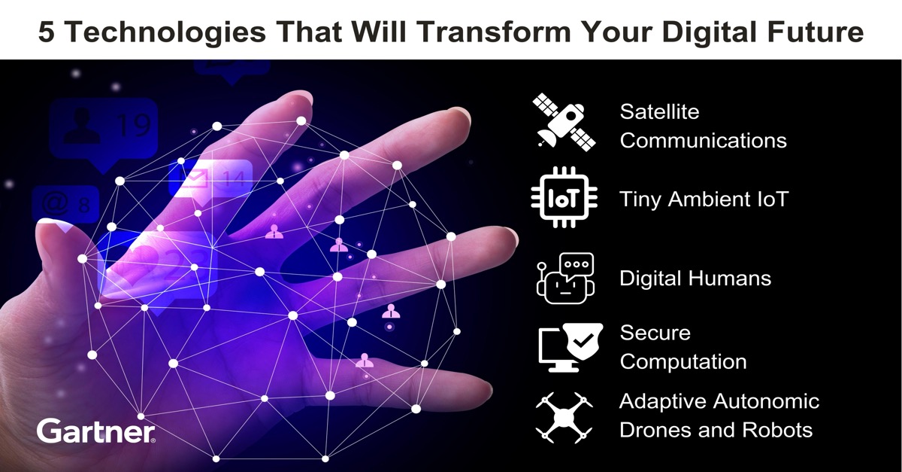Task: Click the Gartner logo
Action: tap(96, 431)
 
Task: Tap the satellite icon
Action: tap(564, 122)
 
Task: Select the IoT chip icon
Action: tap(565, 198)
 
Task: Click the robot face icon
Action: tap(565, 279)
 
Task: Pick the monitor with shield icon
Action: tap(571, 347)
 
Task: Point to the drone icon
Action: tap(564, 418)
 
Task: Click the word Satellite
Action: tap(659, 111)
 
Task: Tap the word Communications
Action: tap(703, 140)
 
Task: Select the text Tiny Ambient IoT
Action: tap(704, 199)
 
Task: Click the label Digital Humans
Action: tap(695, 279)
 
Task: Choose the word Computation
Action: tap(683, 362)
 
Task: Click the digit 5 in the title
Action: tap(47, 32)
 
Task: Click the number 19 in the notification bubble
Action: tap(134, 126)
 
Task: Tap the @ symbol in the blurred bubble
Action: tap(55, 203)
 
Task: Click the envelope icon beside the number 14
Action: tap(193, 177)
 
